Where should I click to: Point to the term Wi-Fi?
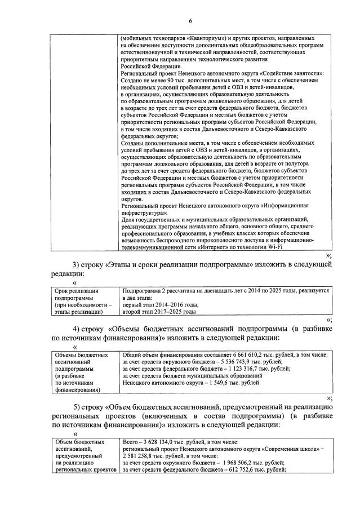273,246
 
